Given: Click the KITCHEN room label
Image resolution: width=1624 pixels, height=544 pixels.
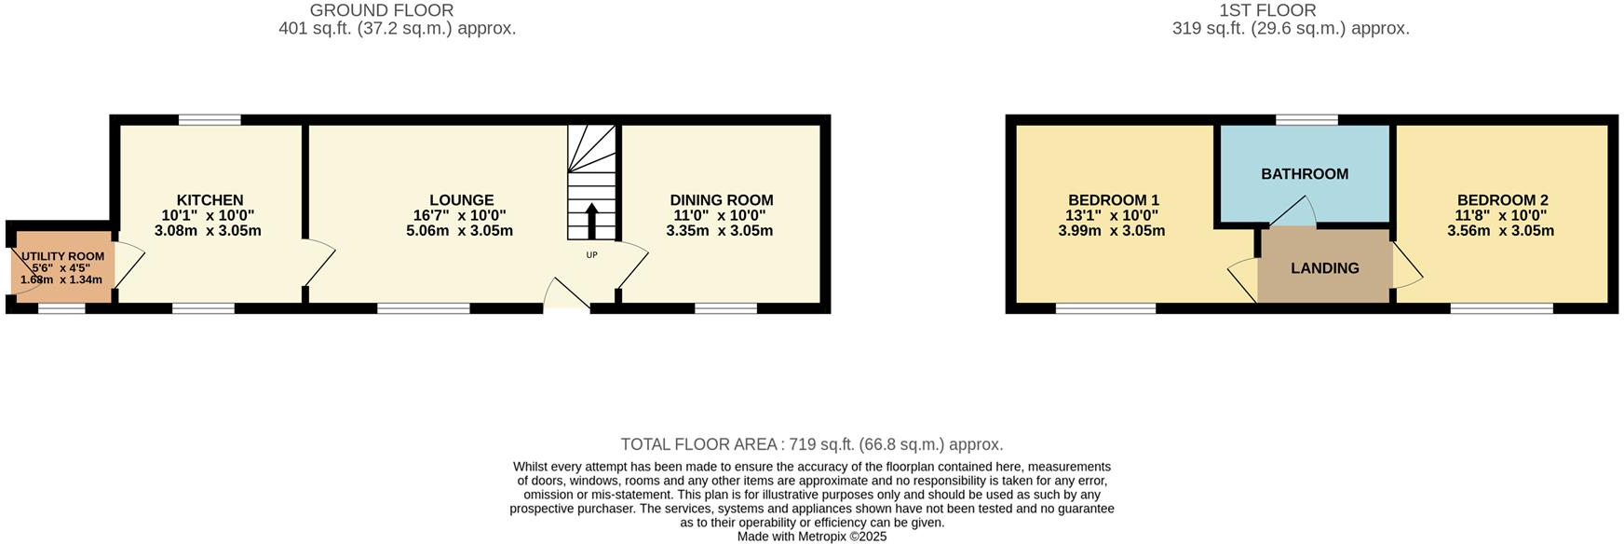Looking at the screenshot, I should tap(210, 200).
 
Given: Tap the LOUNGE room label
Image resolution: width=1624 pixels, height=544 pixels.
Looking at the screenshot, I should tap(461, 200).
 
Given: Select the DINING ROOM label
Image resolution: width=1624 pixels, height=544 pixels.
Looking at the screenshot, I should tap(721, 200).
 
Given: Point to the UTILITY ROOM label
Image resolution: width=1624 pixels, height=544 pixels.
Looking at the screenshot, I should tap(62, 256).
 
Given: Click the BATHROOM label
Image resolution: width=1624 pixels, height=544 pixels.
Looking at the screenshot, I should tap(1305, 174).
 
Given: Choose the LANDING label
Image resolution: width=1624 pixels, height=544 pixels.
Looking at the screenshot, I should tap(1324, 268).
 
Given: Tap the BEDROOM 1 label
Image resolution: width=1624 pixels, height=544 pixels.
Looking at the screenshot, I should tap(1113, 200).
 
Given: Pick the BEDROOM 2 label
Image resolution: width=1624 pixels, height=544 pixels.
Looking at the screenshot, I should tap(1502, 200).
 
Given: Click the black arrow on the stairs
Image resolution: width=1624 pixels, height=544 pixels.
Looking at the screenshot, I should tap(591, 222).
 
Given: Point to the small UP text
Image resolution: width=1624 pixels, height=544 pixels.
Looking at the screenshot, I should tap(591, 255).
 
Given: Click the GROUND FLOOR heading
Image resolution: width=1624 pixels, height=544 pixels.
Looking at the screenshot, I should tap(382, 10).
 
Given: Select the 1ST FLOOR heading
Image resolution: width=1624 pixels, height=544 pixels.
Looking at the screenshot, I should tap(1267, 10).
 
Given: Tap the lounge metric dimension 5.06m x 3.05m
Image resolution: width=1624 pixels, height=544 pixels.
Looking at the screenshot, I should tap(459, 231).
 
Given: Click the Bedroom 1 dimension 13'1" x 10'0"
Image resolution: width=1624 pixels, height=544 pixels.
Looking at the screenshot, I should tap(1112, 215).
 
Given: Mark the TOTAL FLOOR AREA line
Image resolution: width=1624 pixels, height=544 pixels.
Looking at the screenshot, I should tap(811, 445).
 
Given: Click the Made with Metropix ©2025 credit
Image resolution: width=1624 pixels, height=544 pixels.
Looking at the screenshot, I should tap(811, 537).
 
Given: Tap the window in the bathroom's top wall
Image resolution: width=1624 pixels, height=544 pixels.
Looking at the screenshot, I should tap(1306, 119).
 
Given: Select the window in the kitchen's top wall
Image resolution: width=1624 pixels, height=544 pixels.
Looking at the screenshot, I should tap(210, 119).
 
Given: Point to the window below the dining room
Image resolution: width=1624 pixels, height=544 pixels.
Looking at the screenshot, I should tap(725, 308).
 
